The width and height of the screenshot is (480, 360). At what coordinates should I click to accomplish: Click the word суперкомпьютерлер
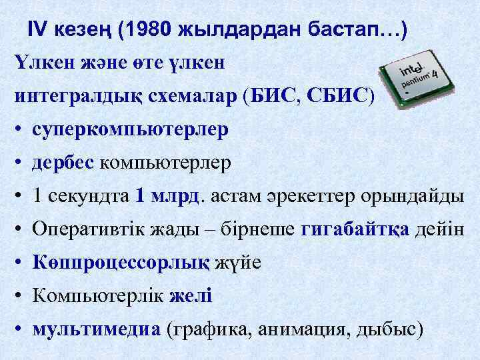click(x=130, y=129)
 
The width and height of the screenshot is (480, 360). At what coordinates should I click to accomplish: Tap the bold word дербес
click(x=63, y=161)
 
